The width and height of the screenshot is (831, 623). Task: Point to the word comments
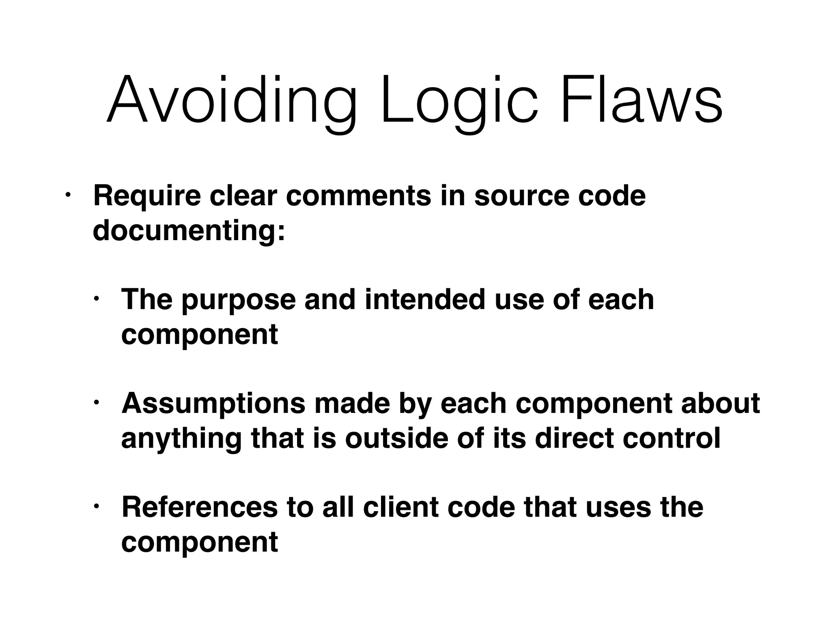tap(359, 196)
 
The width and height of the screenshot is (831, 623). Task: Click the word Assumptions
tap(213, 404)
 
